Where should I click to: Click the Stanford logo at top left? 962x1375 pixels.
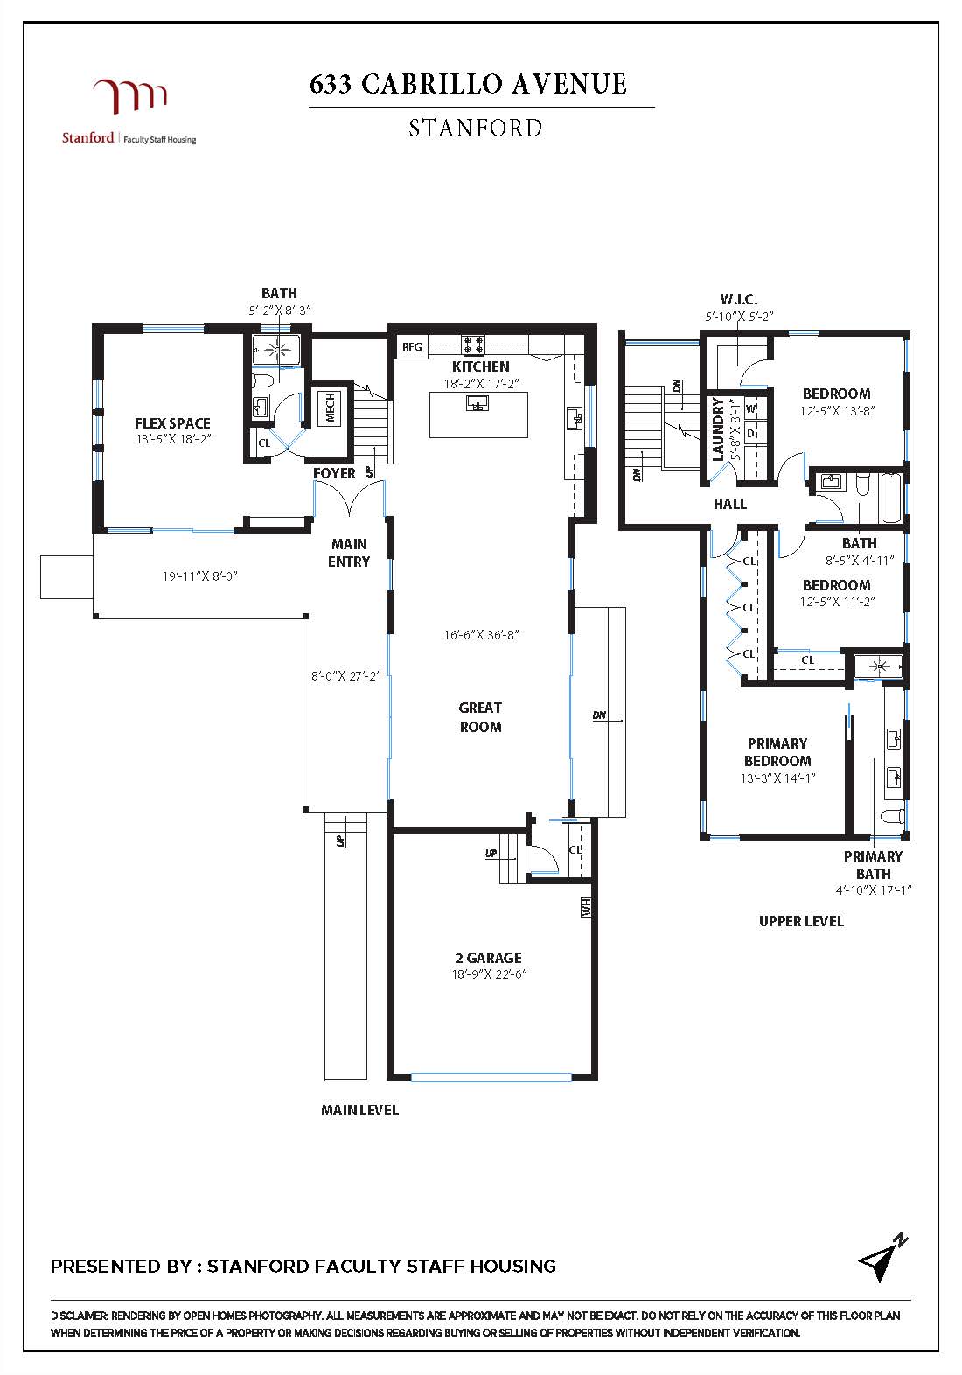(129, 110)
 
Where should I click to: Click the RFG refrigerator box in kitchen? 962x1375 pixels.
(412, 347)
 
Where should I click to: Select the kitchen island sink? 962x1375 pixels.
(477, 403)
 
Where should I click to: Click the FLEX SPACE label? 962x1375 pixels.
(172, 423)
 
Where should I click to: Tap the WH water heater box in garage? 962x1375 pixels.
(585, 907)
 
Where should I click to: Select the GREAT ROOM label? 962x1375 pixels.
(480, 717)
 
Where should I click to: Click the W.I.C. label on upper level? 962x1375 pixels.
(739, 299)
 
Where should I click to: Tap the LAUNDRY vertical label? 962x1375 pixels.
(718, 429)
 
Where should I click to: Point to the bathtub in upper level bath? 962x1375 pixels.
(889, 497)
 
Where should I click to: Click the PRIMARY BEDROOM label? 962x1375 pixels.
(777, 752)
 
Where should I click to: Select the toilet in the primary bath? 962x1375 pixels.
(891, 816)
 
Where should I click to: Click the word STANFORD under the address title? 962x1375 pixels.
(476, 129)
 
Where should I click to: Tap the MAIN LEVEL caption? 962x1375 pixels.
(359, 1110)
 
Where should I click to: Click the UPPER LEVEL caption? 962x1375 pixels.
(801, 921)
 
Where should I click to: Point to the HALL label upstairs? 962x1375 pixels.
(730, 504)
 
